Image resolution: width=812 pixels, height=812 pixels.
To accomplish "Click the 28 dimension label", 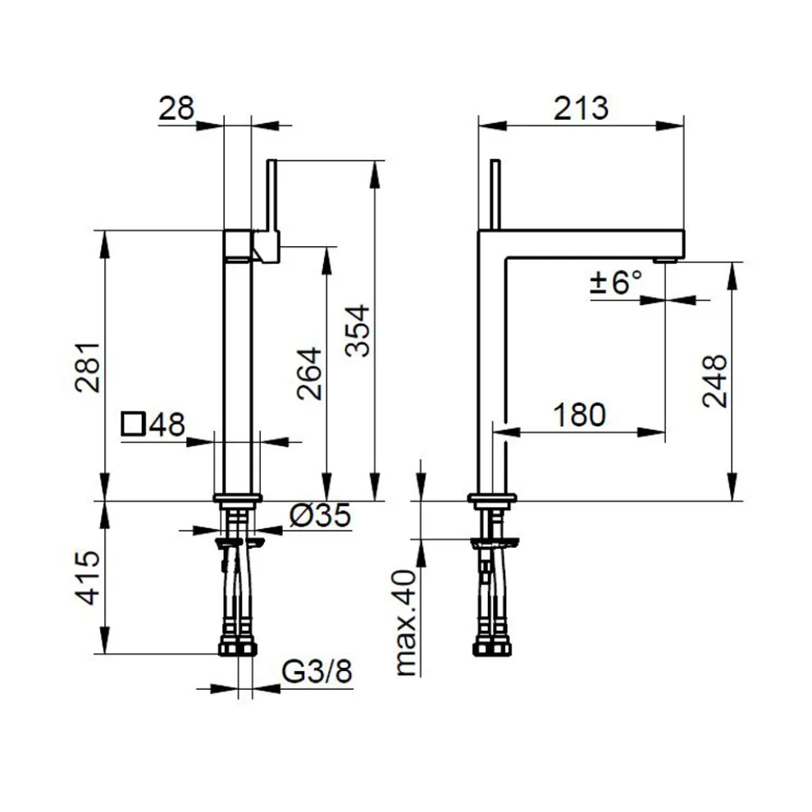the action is pyautogui.click(x=176, y=108).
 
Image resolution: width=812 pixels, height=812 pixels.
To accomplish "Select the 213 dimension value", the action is pyautogui.click(x=581, y=108).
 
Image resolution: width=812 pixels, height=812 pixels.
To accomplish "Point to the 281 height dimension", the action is pyautogui.click(x=88, y=367).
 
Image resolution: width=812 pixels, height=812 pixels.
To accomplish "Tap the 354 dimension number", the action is pyautogui.click(x=358, y=331).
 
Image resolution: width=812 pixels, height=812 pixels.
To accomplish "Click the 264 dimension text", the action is pyautogui.click(x=309, y=373).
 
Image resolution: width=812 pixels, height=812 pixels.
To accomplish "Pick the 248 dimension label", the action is pyautogui.click(x=714, y=381).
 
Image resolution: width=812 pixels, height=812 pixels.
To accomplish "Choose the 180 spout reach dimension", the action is pyautogui.click(x=579, y=415).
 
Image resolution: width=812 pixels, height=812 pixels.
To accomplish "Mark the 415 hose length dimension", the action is pyautogui.click(x=88, y=578).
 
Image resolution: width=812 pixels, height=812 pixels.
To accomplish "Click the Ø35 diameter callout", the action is pyautogui.click(x=320, y=515).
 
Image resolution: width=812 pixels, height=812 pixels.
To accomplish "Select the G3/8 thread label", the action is pyautogui.click(x=317, y=671).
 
